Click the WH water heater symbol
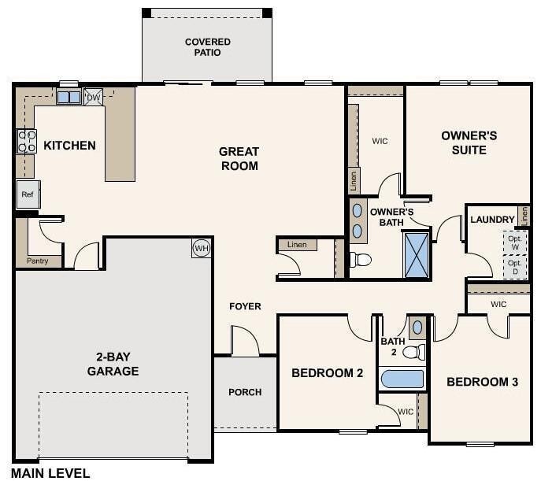coord(202,248)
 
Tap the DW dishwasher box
coord(93,98)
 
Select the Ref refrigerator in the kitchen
coord(28,194)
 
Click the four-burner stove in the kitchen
coord(27,141)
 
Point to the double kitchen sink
coord(69,97)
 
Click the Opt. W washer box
coord(515,242)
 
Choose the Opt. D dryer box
coord(515,267)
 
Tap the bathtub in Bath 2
coord(402,379)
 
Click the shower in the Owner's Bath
coord(417,255)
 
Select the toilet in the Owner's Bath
coord(360,259)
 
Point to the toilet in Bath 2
coord(414,352)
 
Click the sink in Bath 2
coord(417,327)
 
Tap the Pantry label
coord(37,261)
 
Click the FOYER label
coord(245,306)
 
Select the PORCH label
coord(245,392)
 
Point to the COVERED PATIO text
coord(208,47)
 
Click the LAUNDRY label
coord(492,220)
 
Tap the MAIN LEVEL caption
coord(50,473)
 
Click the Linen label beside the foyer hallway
coord(297,245)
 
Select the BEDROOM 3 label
coord(483,382)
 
